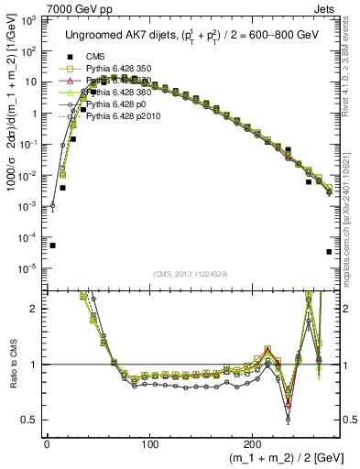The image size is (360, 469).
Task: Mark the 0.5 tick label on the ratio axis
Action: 29,420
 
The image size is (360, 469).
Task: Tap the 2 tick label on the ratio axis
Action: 34,309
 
